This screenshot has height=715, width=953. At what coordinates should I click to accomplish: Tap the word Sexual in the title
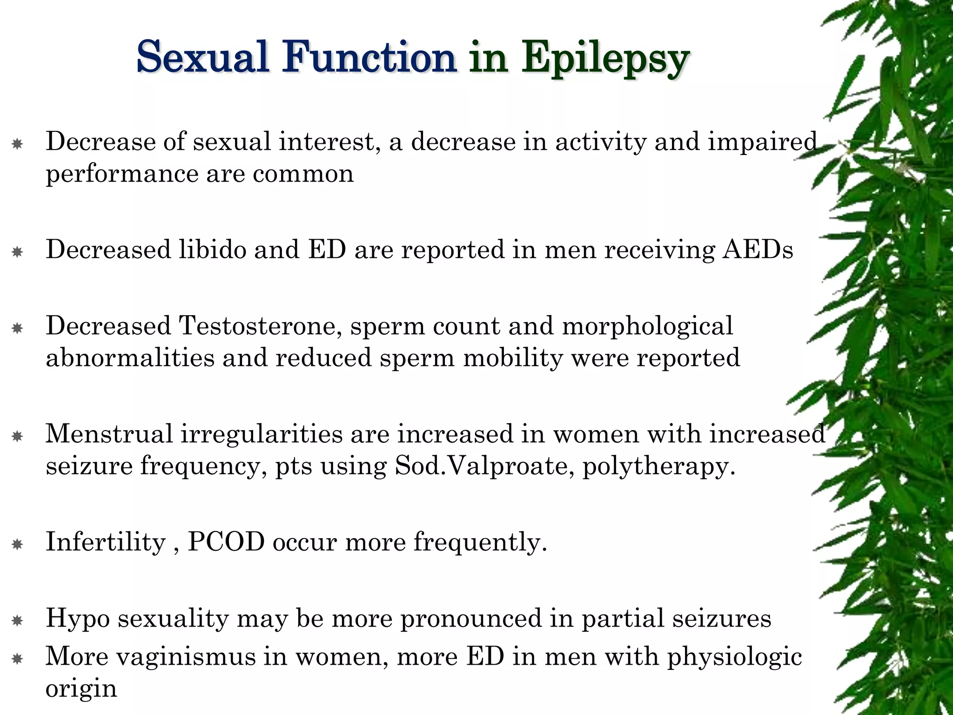[x=203, y=58]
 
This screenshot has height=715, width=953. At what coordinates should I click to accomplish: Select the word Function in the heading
[x=369, y=58]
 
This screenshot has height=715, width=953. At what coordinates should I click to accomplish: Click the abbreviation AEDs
[x=757, y=250]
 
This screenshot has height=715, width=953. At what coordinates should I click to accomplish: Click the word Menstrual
[x=109, y=434]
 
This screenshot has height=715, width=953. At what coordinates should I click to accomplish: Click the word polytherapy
[x=658, y=467]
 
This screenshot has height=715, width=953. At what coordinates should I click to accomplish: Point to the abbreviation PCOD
[x=226, y=542]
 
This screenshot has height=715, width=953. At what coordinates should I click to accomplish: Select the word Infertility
[x=105, y=542]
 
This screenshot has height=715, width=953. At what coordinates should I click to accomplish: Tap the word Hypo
[x=78, y=620]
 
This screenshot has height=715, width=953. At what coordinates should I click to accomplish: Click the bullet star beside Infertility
[x=17, y=544]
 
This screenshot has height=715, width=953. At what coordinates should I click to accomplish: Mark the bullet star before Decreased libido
[x=17, y=252]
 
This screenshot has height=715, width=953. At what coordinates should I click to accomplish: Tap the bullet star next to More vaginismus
[x=17, y=659]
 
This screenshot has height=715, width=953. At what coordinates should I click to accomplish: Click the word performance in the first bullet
[x=122, y=175]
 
